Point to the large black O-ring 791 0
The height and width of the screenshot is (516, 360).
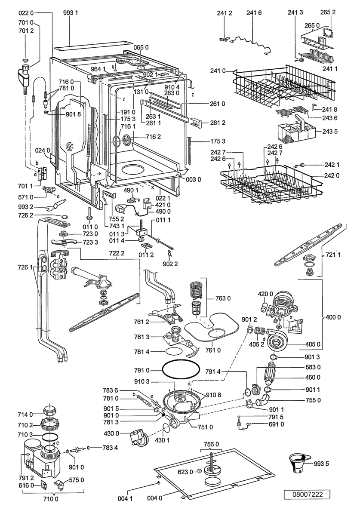coord(181,371)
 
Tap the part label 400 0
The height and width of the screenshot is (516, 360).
coord(333,317)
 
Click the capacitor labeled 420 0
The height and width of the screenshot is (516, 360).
coord(264,306)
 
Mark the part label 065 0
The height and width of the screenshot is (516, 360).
coord(141,47)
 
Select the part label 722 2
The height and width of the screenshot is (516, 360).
coord(117,253)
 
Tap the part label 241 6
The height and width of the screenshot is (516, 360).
coord(254,13)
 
